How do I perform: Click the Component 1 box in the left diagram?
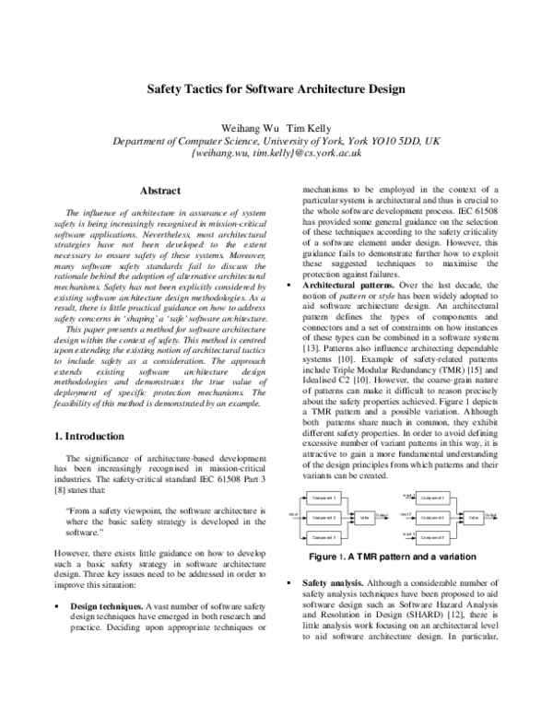(323, 498)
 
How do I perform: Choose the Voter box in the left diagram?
(365, 517)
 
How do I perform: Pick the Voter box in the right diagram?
(473, 517)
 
